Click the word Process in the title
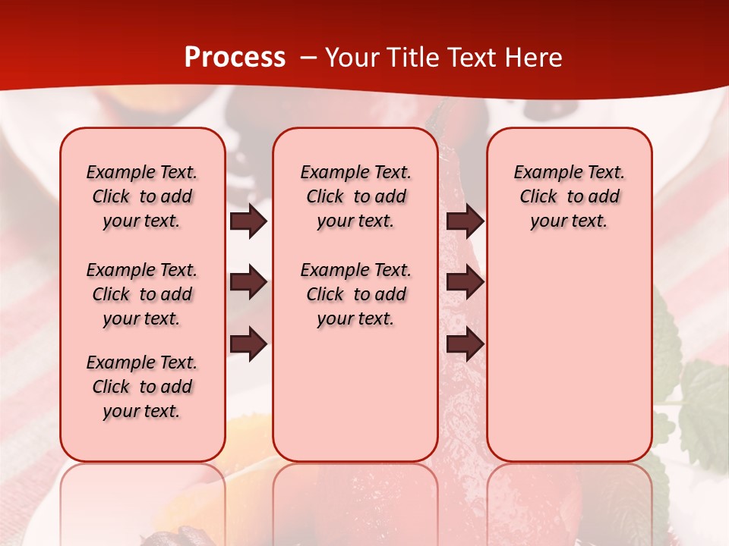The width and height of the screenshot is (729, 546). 235,58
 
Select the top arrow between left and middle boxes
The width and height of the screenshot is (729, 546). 248,221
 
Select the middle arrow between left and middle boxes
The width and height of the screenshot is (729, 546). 248,283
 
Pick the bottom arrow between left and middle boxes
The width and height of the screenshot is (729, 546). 248,345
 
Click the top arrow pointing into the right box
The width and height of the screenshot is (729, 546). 465,221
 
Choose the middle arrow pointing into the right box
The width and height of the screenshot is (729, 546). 465,283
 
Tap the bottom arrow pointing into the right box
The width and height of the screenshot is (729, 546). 465,345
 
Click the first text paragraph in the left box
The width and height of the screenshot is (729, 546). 142,196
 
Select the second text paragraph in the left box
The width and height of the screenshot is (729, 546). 142,294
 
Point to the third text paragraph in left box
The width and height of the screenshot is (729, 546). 142,387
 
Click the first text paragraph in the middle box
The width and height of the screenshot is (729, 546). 355,196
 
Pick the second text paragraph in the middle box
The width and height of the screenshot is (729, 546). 355,294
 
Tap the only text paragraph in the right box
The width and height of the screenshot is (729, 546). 569,196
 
